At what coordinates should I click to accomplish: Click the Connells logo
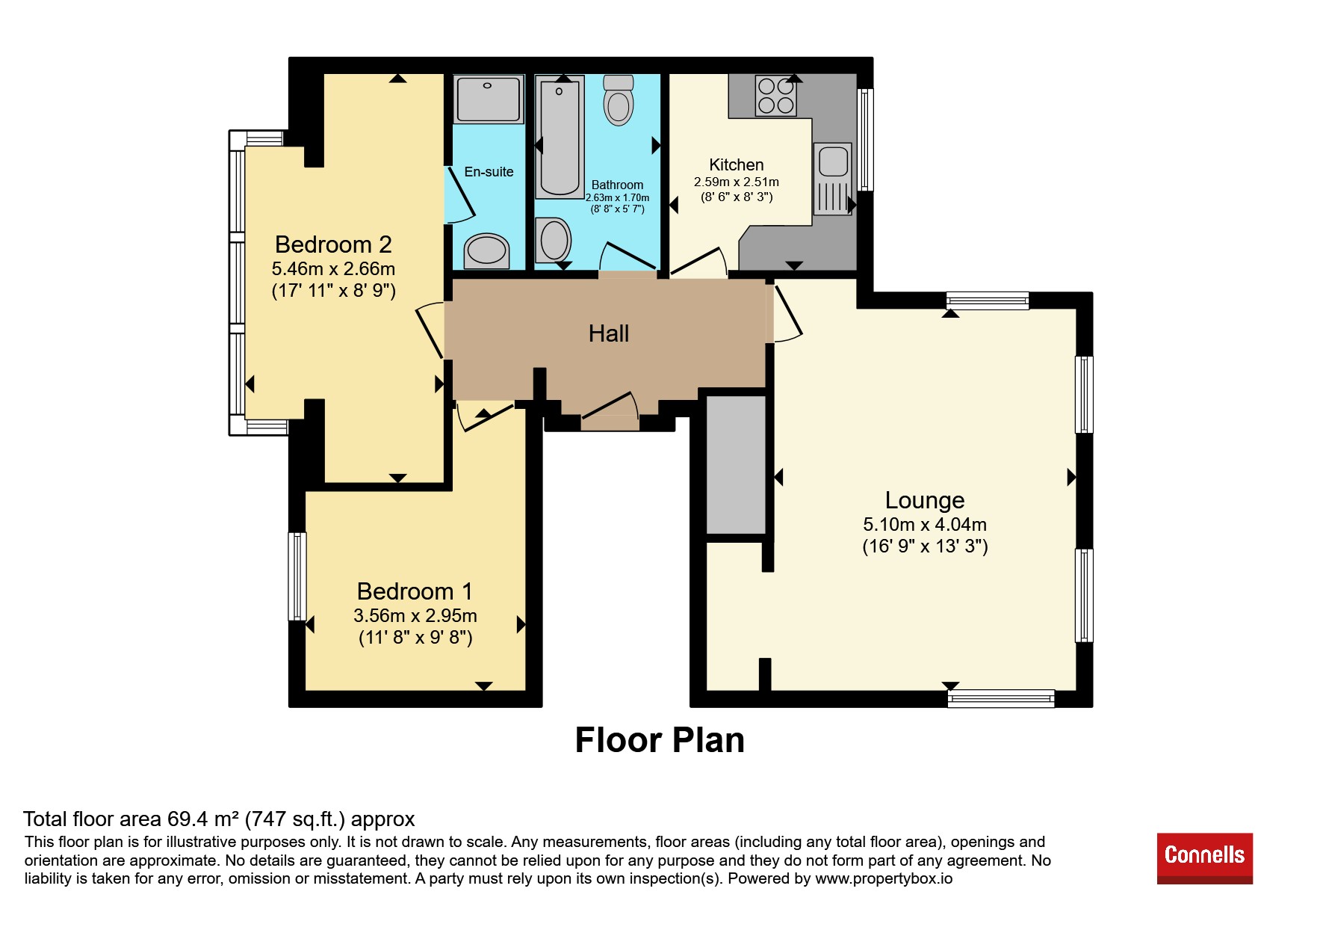[1204, 858]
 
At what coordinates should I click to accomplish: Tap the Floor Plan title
[660, 740]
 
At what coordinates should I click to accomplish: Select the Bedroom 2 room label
[333, 244]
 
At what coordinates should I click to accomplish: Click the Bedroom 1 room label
[415, 591]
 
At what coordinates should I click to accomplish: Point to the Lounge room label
[925, 500]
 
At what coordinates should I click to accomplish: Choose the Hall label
[609, 333]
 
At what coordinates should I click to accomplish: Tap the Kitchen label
[737, 164]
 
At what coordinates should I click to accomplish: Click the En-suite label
[489, 172]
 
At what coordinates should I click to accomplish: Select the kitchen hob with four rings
[776, 96]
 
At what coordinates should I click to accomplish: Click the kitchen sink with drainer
[832, 179]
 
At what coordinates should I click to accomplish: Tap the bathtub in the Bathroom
[560, 139]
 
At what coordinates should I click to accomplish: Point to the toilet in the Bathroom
[619, 99]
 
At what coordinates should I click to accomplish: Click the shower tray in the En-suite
[489, 99]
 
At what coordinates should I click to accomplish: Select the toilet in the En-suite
[487, 250]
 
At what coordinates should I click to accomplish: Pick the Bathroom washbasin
[554, 240]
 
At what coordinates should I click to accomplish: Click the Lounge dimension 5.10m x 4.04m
[925, 525]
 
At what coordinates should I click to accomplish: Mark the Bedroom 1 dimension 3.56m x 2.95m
[415, 616]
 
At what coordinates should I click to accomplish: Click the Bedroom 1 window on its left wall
[297, 576]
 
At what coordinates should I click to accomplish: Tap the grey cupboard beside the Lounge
[737, 465]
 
